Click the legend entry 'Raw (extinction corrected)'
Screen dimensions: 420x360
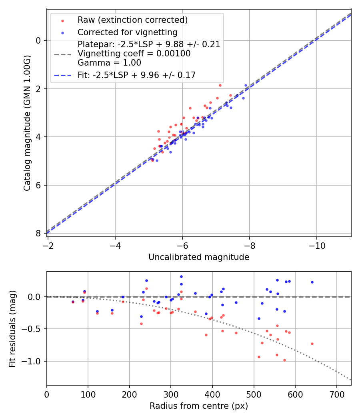(x=132, y=20)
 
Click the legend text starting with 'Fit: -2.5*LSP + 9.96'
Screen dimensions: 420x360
(x=136, y=75)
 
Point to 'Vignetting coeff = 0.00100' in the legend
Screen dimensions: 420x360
(x=134, y=54)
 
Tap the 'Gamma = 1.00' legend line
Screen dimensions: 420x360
(x=109, y=63)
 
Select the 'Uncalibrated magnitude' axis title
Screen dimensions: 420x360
(x=199, y=257)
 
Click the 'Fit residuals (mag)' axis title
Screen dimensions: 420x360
(x=12, y=328)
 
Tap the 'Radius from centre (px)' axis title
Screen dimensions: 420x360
(x=199, y=406)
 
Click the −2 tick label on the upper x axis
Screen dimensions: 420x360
(x=48, y=244)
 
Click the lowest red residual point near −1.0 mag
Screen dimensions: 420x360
(x=284, y=360)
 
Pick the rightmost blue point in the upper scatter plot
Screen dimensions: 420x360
(x=246, y=85)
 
